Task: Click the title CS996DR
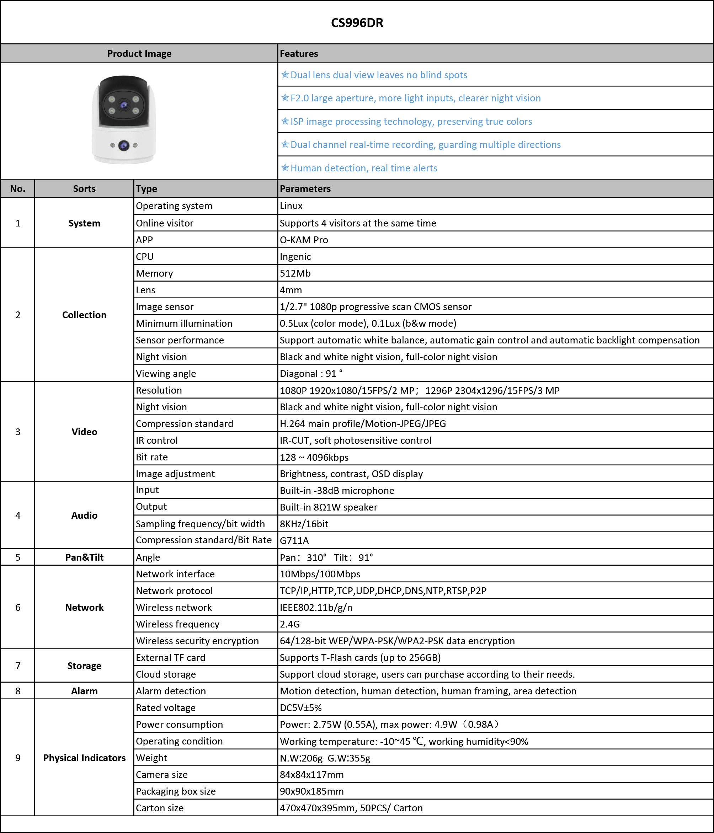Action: [357, 23]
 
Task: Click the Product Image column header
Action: [139, 53]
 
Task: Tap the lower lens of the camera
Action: [124, 145]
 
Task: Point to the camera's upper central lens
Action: [124, 105]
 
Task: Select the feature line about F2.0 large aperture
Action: [415, 98]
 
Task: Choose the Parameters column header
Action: [305, 188]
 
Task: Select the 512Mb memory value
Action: [295, 273]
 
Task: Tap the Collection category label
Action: [84, 315]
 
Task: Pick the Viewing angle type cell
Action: [166, 374]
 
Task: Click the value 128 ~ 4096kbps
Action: [314, 457]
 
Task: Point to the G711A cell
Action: [294, 541]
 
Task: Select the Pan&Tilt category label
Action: [84, 557]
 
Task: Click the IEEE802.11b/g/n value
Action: [316, 608]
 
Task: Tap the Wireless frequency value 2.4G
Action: [290, 624]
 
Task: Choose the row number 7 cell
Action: [18, 666]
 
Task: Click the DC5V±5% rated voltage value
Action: [301, 708]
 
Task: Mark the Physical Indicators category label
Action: [84, 758]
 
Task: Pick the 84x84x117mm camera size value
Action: [311, 775]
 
